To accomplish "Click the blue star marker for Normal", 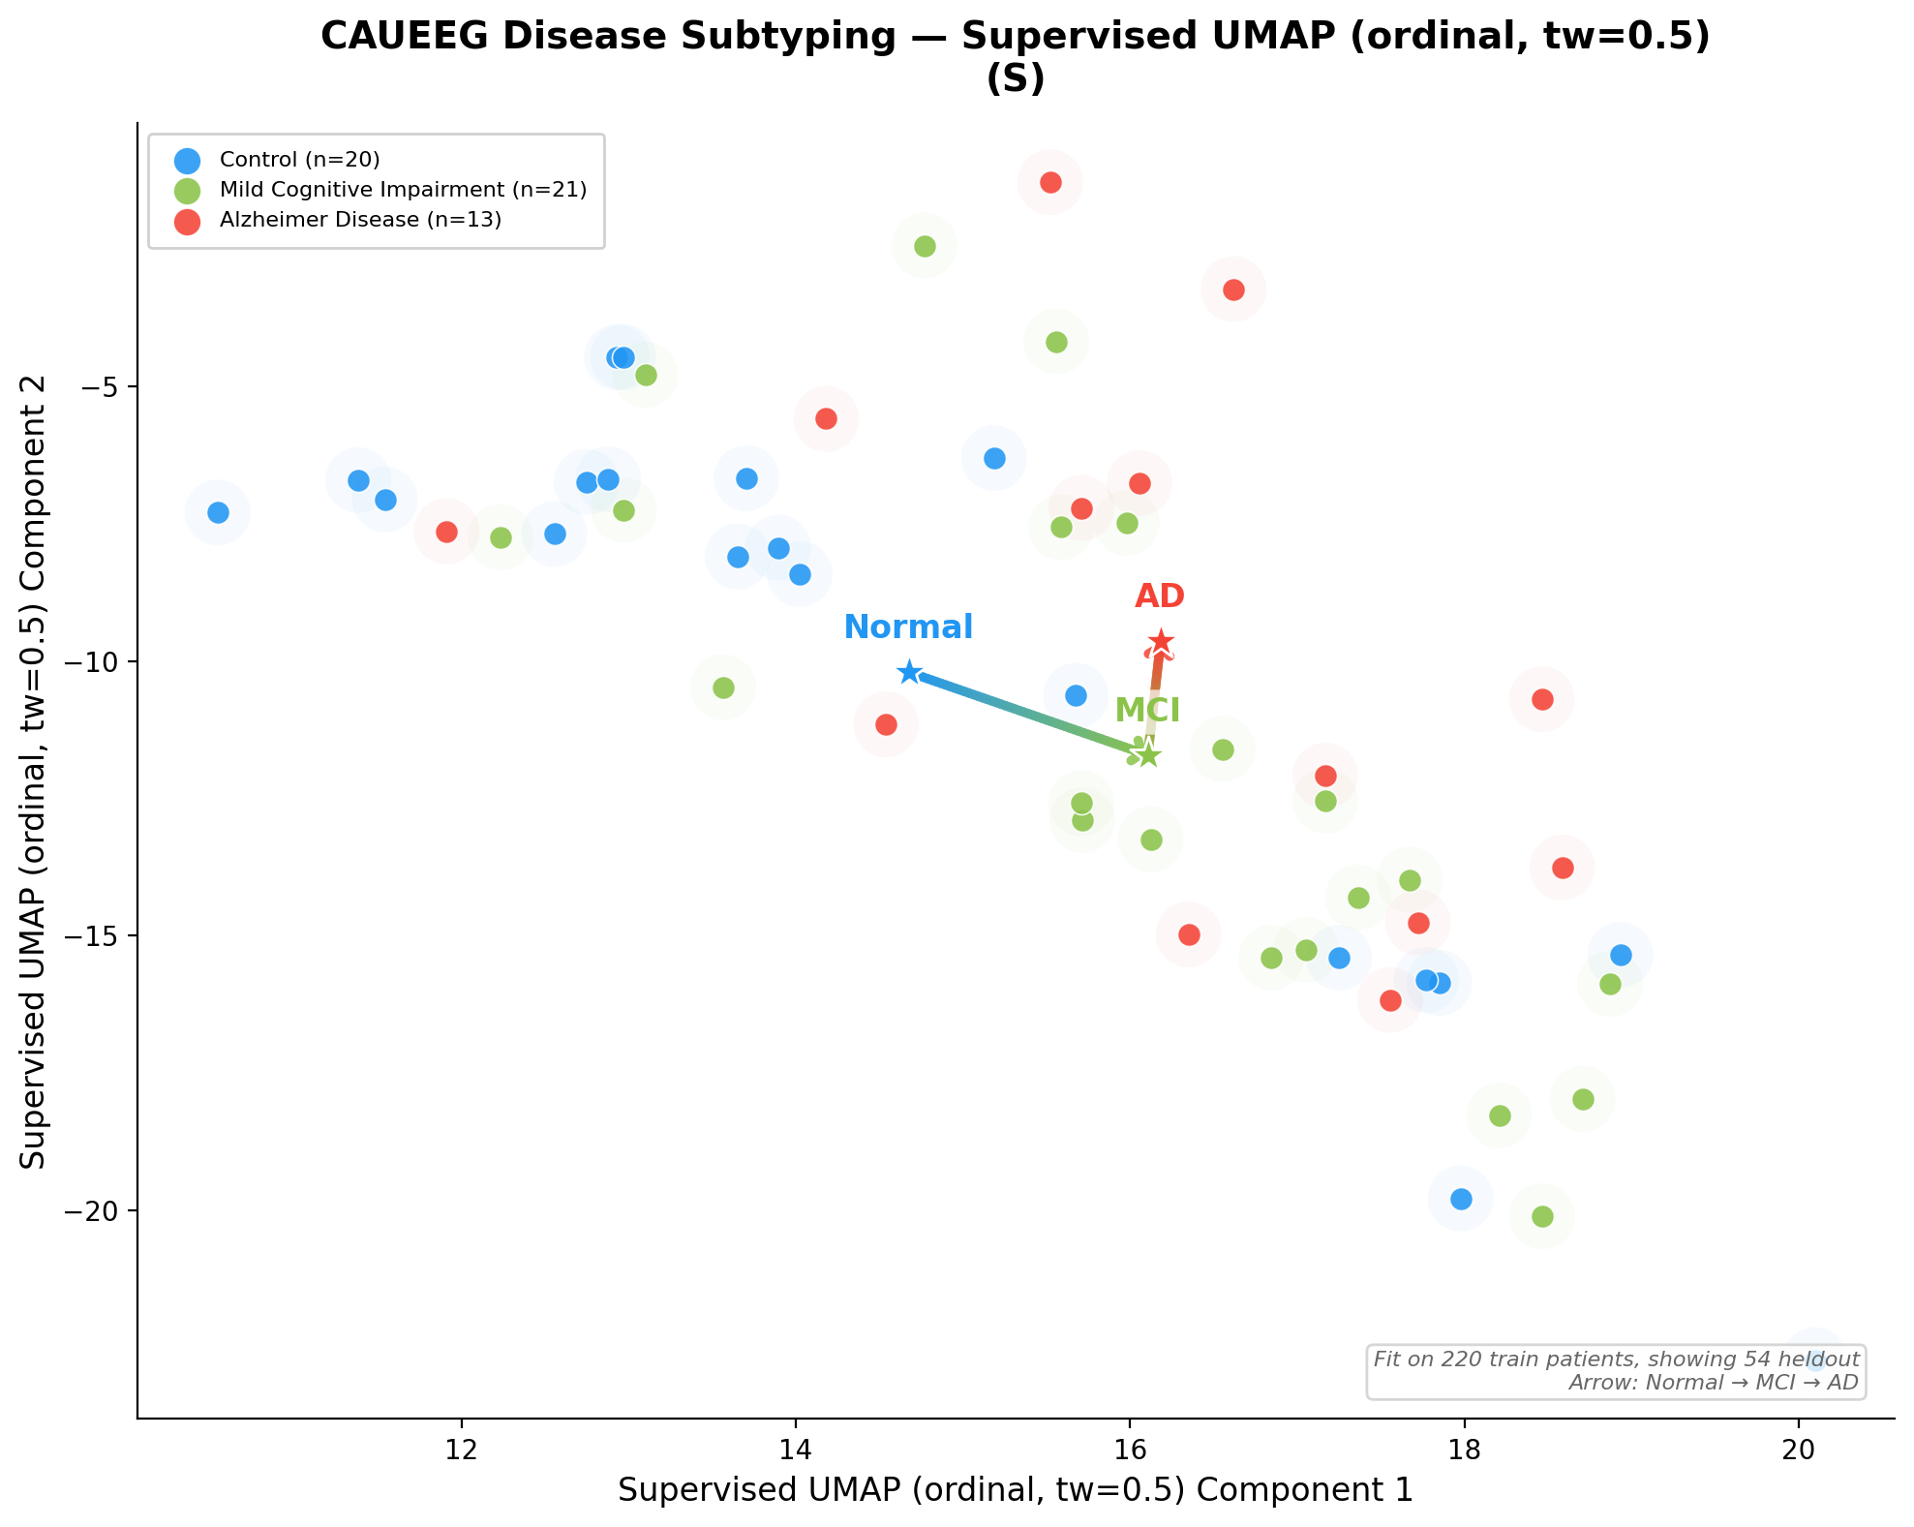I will click(x=908, y=672).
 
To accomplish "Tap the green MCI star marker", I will click(x=1147, y=754).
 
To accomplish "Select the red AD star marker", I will click(x=1161, y=643).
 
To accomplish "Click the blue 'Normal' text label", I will click(x=908, y=627).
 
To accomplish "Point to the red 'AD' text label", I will click(x=1160, y=596).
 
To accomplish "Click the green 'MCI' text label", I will click(x=1147, y=711).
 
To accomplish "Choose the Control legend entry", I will click(x=299, y=160).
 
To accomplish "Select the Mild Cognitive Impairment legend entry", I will click(x=403, y=190).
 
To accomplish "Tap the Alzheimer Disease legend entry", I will click(x=360, y=220).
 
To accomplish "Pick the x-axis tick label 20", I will click(x=1799, y=1451).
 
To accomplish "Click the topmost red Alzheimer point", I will click(x=1050, y=182).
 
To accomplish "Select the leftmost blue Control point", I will click(x=218, y=512).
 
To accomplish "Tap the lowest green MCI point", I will click(x=1542, y=1216).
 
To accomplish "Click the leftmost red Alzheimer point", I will click(x=446, y=532).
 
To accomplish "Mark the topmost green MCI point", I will click(x=925, y=246).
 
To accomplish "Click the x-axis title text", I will click(x=1015, y=1490).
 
